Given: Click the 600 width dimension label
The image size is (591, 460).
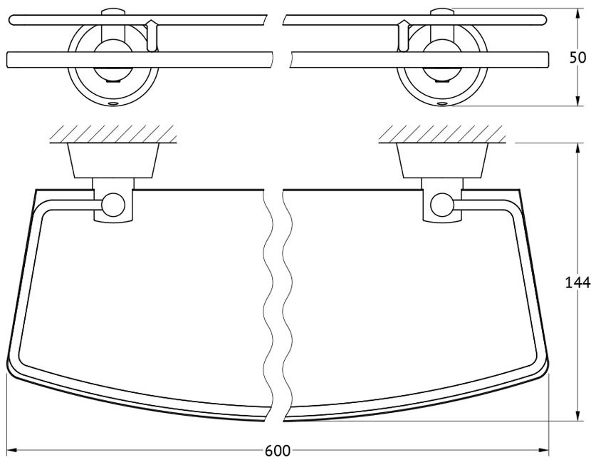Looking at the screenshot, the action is coord(278,451).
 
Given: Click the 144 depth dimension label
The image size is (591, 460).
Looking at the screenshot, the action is coord(577,282).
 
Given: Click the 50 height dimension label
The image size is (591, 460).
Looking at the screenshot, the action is coord(577,57).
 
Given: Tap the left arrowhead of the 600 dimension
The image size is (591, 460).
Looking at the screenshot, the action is coord(12,450).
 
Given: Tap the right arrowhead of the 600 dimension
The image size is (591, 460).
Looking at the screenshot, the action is coord(543,450).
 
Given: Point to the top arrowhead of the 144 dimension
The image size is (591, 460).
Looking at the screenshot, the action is coord(577,148).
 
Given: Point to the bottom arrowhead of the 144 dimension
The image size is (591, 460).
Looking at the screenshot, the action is coord(577,416).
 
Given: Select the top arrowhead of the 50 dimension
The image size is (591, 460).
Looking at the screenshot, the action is coord(577,14).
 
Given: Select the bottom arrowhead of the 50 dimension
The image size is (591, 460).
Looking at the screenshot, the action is coord(577,101).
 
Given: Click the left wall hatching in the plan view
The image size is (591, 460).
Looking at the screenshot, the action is coord(113,134).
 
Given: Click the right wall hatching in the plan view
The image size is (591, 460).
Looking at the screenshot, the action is coord(442,134).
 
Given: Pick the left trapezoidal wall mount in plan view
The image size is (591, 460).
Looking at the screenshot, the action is coord(113,160).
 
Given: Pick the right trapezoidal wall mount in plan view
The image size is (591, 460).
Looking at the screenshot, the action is coord(442,160).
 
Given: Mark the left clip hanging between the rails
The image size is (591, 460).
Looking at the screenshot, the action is coord(152,36).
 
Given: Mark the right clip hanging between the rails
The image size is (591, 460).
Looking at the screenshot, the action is coord(404,36).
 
